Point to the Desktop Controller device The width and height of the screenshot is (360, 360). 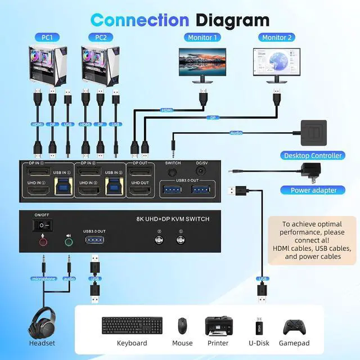point(313,133)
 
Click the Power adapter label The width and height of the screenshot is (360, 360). point(313,190)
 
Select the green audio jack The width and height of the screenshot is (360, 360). point(69,242)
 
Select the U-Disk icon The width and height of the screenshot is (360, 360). point(259,325)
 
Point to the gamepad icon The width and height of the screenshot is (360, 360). point(296,326)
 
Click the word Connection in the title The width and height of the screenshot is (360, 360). point(139,20)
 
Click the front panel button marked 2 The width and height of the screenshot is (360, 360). point(159,238)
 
